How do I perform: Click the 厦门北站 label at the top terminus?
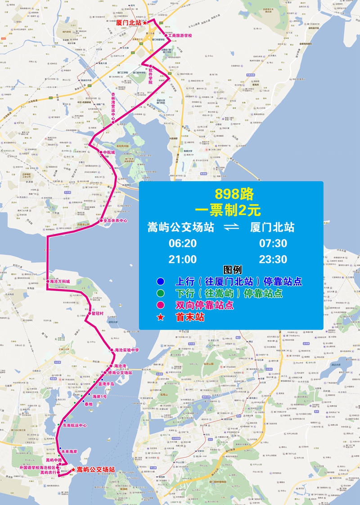click(x=129, y=22)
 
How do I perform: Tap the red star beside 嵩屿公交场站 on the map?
click(x=73, y=469)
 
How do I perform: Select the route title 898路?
click(x=234, y=194)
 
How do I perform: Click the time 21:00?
click(x=182, y=259)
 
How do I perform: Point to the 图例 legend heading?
click(x=233, y=271)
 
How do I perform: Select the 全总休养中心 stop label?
click(x=116, y=221)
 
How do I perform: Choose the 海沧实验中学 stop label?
click(x=127, y=350)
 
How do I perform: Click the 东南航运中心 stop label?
click(x=75, y=425)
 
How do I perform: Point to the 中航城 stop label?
click(x=109, y=152)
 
